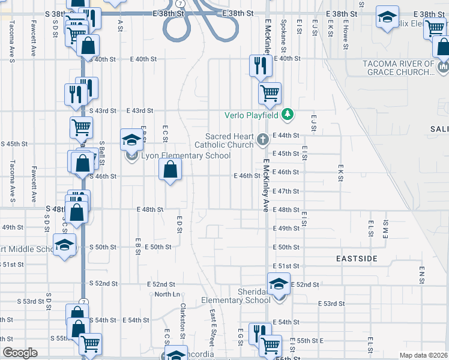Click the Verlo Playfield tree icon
point(289,114)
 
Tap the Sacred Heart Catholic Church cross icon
point(262,140)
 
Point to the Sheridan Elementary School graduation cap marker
point(279,284)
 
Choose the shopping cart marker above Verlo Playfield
point(270,93)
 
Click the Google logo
point(20,353)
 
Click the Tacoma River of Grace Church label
point(398,68)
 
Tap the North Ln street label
point(167,294)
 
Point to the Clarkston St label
point(182,314)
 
